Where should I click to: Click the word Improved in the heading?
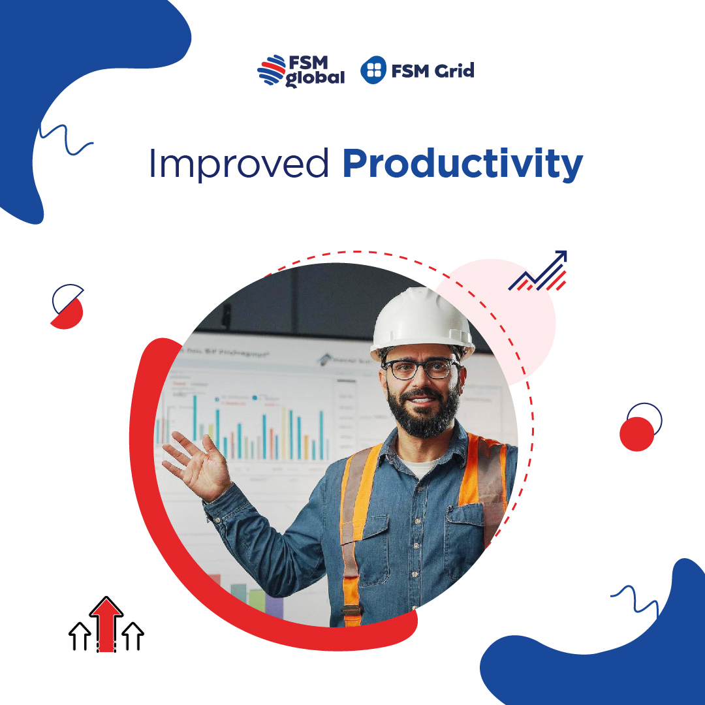pyautogui.click(x=238, y=164)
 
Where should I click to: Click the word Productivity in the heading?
pyautogui.click(x=462, y=165)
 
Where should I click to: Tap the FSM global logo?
pyautogui.click(x=300, y=70)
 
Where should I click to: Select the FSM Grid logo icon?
pyautogui.click(x=373, y=70)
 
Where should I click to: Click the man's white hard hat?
pyautogui.click(x=422, y=322)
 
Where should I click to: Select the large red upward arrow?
pyautogui.click(x=106, y=620)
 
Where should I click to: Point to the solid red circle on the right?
pyautogui.click(x=636, y=434)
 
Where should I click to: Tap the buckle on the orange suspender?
pyautogui.click(x=352, y=612)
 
